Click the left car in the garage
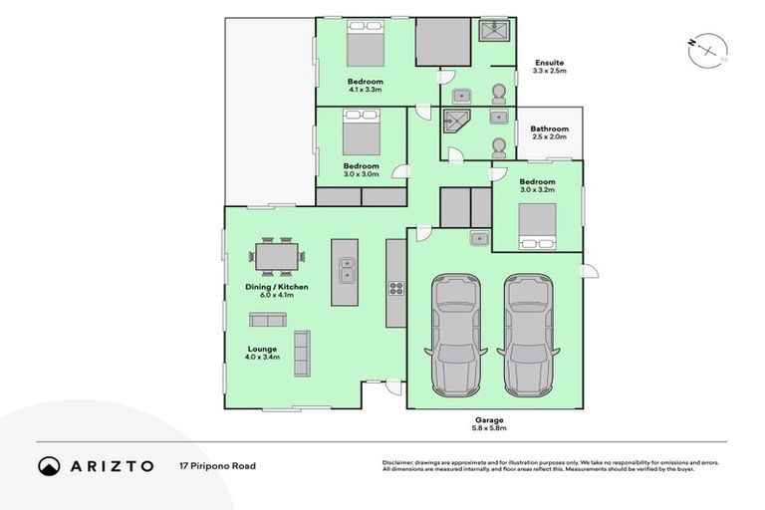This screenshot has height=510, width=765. pyautogui.click(x=455, y=337)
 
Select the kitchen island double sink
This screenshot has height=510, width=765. pyautogui.click(x=345, y=269)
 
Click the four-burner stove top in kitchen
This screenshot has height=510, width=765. pyautogui.click(x=394, y=289)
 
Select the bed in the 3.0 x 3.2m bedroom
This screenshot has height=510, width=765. pyautogui.click(x=537, y=235)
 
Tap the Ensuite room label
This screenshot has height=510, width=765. pyautogui.click(x=549, y=63)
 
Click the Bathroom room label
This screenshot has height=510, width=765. pyautogui.click(x=549, y=128)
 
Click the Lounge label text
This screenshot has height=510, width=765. pyautogui.click(x=263, y=349)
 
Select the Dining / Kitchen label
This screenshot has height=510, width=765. pyautogui.click(x=276, y=287)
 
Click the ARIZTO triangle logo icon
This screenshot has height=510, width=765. pyautogui.click(x=50, y=466)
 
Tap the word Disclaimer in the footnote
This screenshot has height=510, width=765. pyautogui.click(x=398, y=463)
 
